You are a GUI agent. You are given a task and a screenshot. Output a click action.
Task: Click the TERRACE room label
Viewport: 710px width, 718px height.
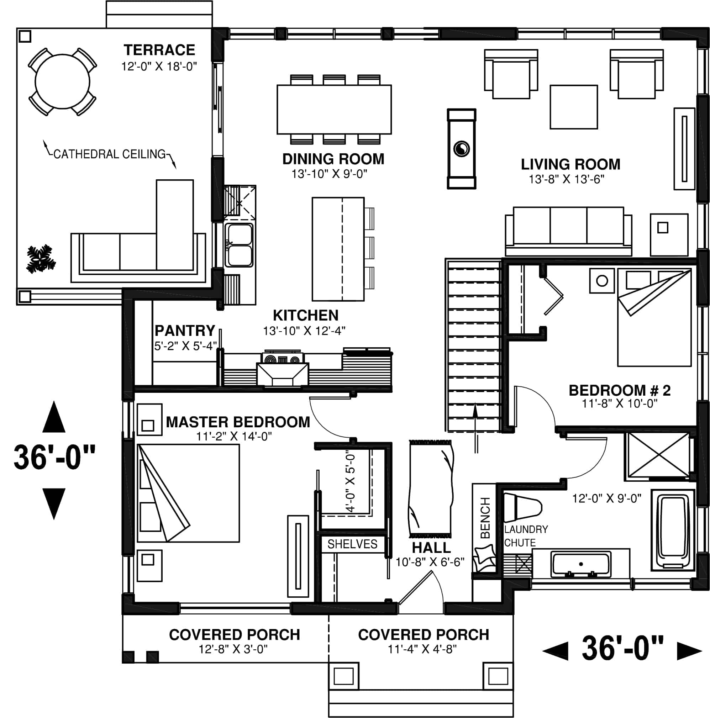[159, 50]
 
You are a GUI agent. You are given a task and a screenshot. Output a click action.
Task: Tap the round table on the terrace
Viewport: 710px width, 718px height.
[62, 81]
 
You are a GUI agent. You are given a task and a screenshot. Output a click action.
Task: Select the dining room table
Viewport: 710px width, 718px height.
[334, 109]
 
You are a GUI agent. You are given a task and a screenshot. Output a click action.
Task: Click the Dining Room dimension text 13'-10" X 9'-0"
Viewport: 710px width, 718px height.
[329, 174]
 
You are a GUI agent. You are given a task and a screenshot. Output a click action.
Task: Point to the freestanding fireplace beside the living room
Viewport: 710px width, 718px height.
[461, 149]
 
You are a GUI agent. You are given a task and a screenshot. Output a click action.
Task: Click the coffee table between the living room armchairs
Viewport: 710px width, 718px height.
[573, 107]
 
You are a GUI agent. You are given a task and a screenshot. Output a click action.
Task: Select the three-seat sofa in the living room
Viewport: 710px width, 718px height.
[568, 231]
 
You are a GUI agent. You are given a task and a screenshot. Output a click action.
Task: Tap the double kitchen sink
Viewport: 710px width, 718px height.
[240, 245]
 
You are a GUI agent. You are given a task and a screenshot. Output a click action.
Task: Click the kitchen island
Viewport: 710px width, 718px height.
[337, 249]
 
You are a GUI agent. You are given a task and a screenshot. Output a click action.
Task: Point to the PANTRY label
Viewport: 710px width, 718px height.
[185, 331]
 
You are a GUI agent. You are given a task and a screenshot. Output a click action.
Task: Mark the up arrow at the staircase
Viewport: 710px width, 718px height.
[475, 427]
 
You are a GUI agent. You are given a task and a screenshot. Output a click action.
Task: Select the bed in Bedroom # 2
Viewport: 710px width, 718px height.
[654, 318]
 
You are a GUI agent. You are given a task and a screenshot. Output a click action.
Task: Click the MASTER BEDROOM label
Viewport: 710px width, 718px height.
[238, 422]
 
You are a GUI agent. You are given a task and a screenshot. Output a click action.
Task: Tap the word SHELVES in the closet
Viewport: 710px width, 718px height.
[352, 544]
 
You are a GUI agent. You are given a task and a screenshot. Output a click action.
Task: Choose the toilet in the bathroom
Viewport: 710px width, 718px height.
[522, 507]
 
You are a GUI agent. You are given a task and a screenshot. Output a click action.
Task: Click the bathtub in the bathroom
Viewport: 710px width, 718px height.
[673, 530]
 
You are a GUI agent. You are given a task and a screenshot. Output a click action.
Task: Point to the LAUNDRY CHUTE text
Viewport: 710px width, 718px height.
[525, 536]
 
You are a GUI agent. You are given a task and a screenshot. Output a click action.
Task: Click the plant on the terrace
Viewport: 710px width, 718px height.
[40, 259]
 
